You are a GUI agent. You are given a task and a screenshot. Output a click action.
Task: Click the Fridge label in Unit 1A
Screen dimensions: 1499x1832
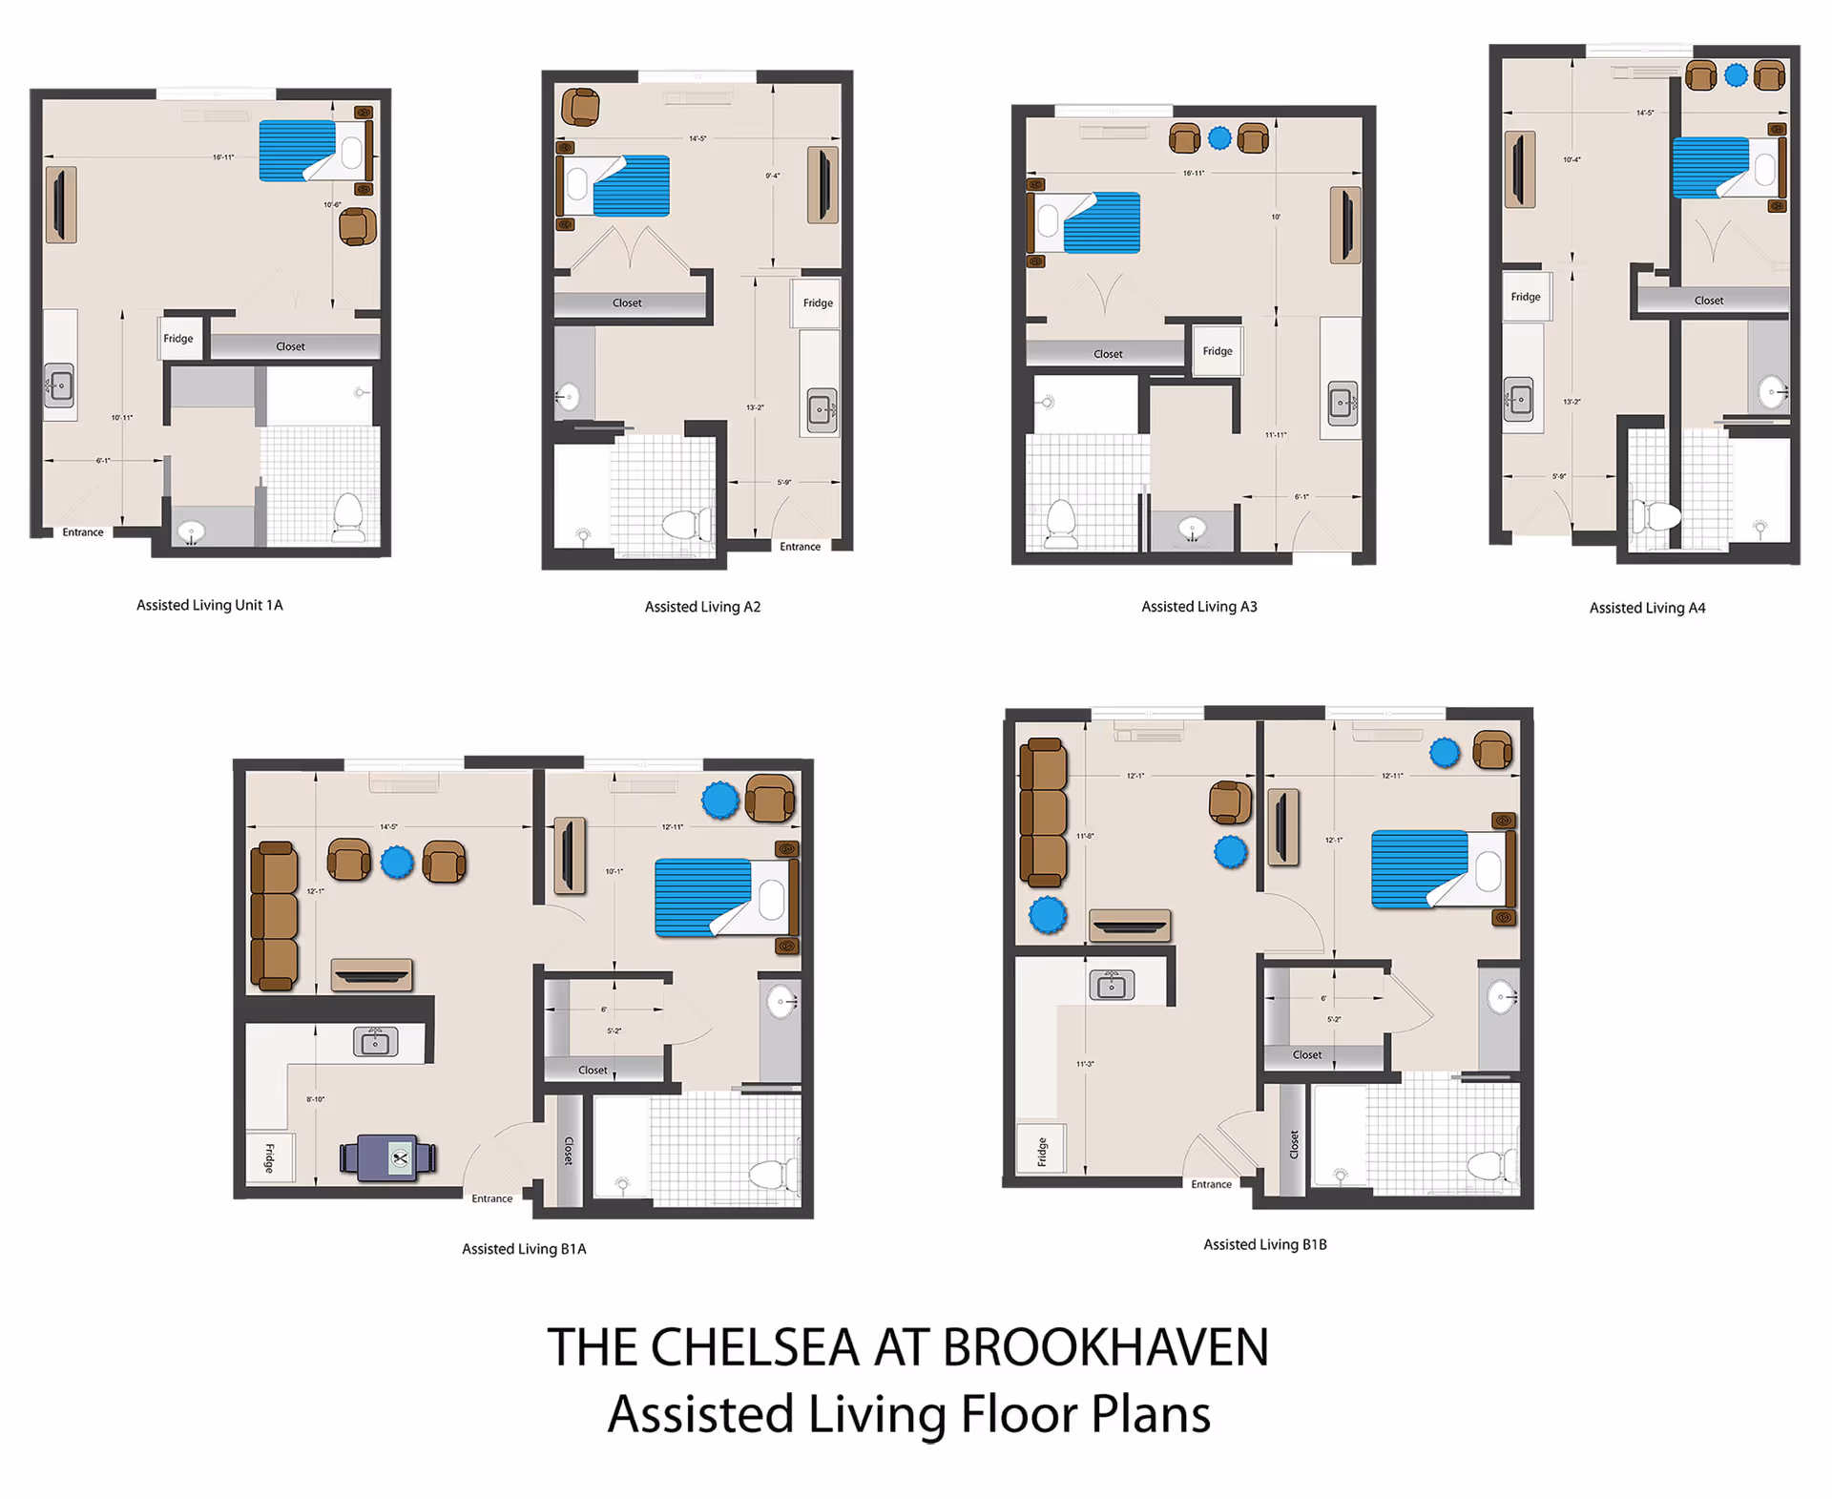(x=178, y=339)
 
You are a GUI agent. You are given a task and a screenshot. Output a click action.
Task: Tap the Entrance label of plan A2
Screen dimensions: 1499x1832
(x=800, y=547)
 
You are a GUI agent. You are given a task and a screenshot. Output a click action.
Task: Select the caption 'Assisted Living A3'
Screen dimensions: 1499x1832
(x=1199, y=607)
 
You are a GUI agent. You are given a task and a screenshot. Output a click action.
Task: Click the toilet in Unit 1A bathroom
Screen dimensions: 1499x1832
(x=348, y=517)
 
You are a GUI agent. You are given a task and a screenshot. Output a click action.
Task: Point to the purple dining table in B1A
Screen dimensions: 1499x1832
(x=388, y=1157)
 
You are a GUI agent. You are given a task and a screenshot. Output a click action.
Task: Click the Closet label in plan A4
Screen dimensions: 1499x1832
(x=1708, y=301)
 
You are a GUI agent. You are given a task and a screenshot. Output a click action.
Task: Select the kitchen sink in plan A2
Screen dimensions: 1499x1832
(x=821, y=409)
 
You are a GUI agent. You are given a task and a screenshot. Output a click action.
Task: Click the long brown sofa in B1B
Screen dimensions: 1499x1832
(x=1043, y=813)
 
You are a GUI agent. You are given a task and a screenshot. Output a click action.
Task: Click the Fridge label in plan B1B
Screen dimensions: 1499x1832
(x=1042, y=1151)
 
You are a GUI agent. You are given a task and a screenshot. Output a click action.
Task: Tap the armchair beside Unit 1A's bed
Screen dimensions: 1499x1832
(x=358, y=227)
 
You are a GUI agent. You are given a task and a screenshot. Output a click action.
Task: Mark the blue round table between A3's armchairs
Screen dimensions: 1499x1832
(x=1219, y=138)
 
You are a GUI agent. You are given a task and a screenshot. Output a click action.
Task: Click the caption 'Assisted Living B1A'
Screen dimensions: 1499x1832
(x=524, y=1249)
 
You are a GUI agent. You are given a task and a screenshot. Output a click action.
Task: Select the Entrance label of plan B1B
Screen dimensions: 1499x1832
(x=1211, y=1184)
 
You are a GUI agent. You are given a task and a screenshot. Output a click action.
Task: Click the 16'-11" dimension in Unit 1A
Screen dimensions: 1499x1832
(x=223, y=157)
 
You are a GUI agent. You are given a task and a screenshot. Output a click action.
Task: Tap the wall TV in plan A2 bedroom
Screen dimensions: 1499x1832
(x=822, y=184)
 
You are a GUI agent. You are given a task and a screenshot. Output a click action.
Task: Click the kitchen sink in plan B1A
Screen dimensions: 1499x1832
(x=375, y=1042)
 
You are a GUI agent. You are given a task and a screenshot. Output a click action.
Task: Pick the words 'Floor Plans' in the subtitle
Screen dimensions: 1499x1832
(x=1085, y=1414)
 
